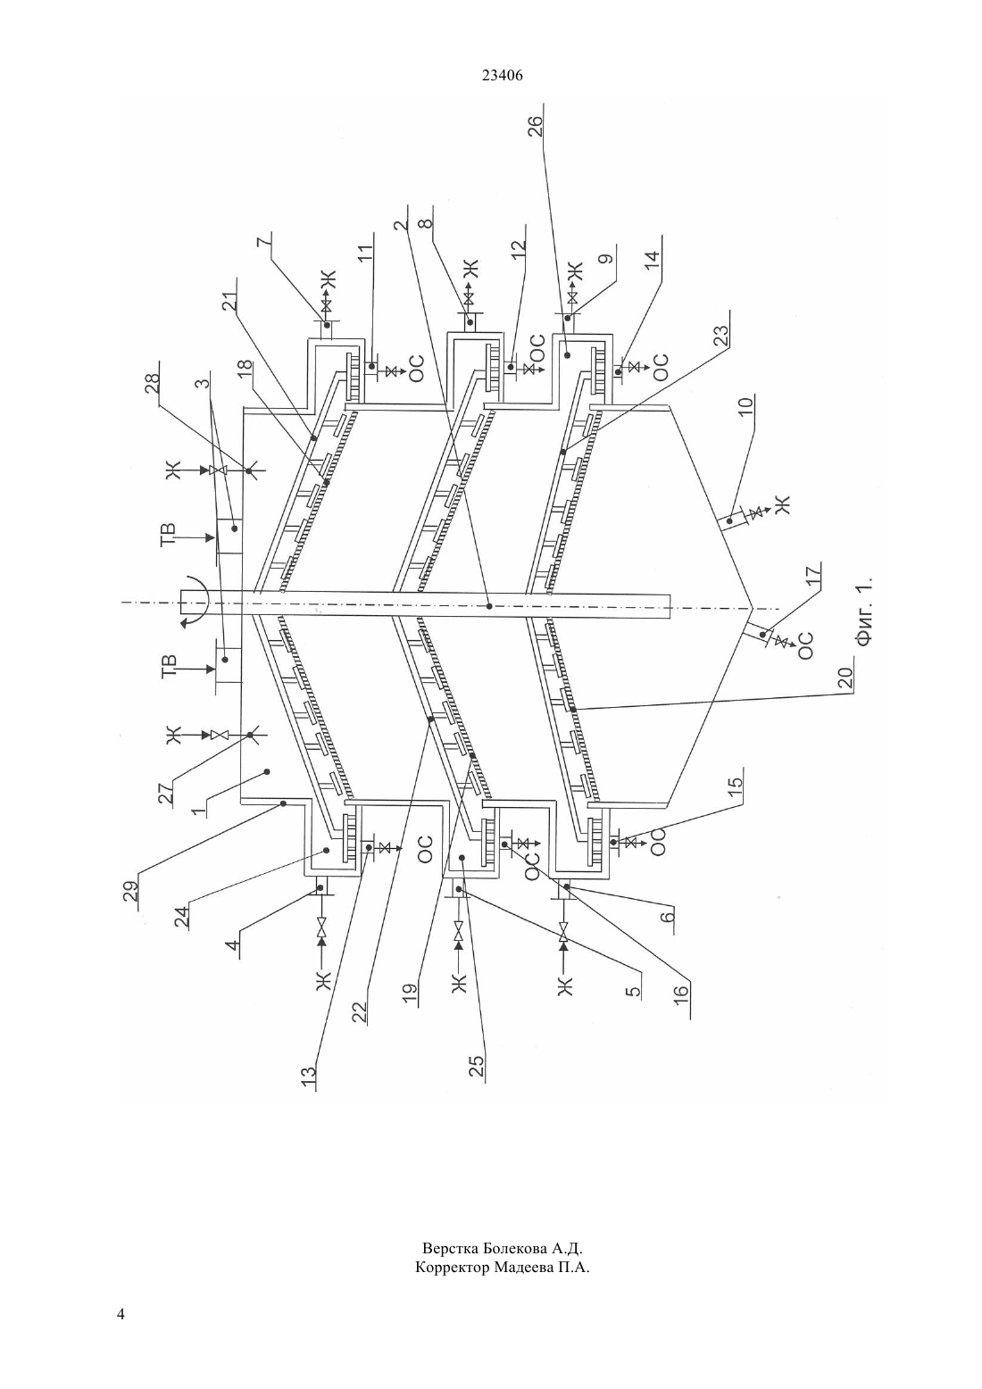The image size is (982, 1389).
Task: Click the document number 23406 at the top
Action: tap(502, 76)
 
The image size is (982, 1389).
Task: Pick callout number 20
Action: tap(845, 676)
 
